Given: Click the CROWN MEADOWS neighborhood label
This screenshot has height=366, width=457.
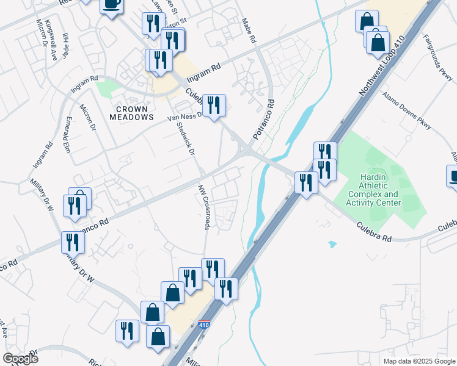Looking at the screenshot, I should click(131, 112).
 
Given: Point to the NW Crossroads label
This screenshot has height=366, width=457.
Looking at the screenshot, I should click(203, 207).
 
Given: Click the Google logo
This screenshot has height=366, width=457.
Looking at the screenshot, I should click(20, 359).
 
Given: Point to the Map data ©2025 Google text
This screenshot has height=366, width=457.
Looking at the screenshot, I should click(419, 361).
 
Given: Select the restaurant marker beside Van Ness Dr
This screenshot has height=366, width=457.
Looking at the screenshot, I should click(214, 106).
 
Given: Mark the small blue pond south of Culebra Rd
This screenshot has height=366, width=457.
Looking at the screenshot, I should click(332, 244).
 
